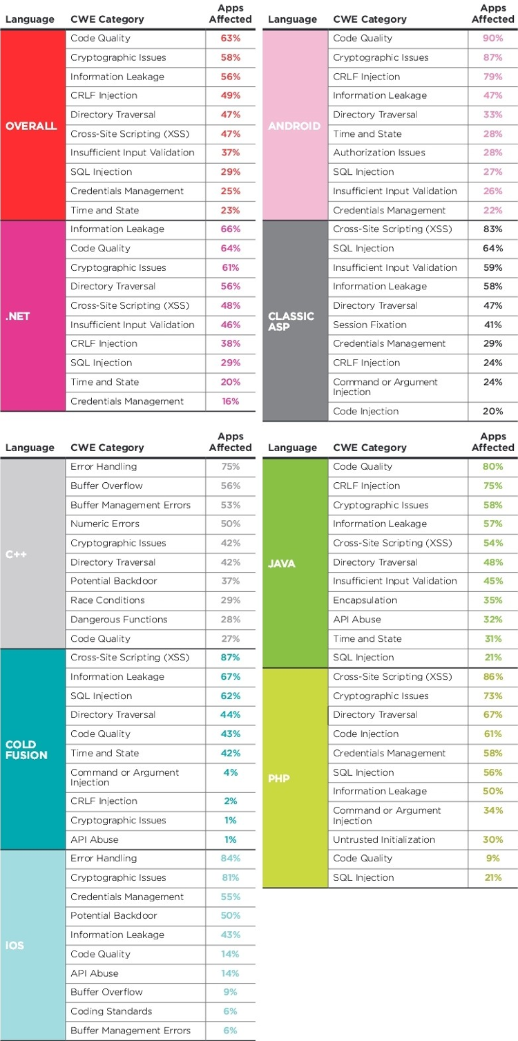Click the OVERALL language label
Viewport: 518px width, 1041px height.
coord(31,126)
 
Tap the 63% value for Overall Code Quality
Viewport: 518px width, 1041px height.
coord(230,38)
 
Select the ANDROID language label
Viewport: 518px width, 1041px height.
coord(294,126)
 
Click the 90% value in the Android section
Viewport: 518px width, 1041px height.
coord(492,38)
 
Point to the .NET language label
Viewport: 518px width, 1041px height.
coord(17,317)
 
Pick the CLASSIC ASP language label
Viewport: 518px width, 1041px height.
coord(291,321)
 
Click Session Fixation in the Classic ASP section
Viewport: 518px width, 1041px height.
coord(370,325)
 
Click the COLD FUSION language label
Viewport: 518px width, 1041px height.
coord(26,750)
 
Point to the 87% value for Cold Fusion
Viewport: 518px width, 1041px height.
coord(230,658)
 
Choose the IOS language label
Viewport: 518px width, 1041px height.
coord(15,945)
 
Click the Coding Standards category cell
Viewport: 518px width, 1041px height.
coord(111,1011)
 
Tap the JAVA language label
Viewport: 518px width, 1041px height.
coord(281,564)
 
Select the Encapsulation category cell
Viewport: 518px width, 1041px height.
coord(365,600)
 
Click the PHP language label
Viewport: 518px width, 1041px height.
coord(278,779)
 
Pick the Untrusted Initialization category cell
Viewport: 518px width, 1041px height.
coord(384,840)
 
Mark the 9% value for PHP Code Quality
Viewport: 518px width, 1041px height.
coord(492,859)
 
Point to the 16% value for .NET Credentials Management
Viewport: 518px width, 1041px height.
coord(230,401)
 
